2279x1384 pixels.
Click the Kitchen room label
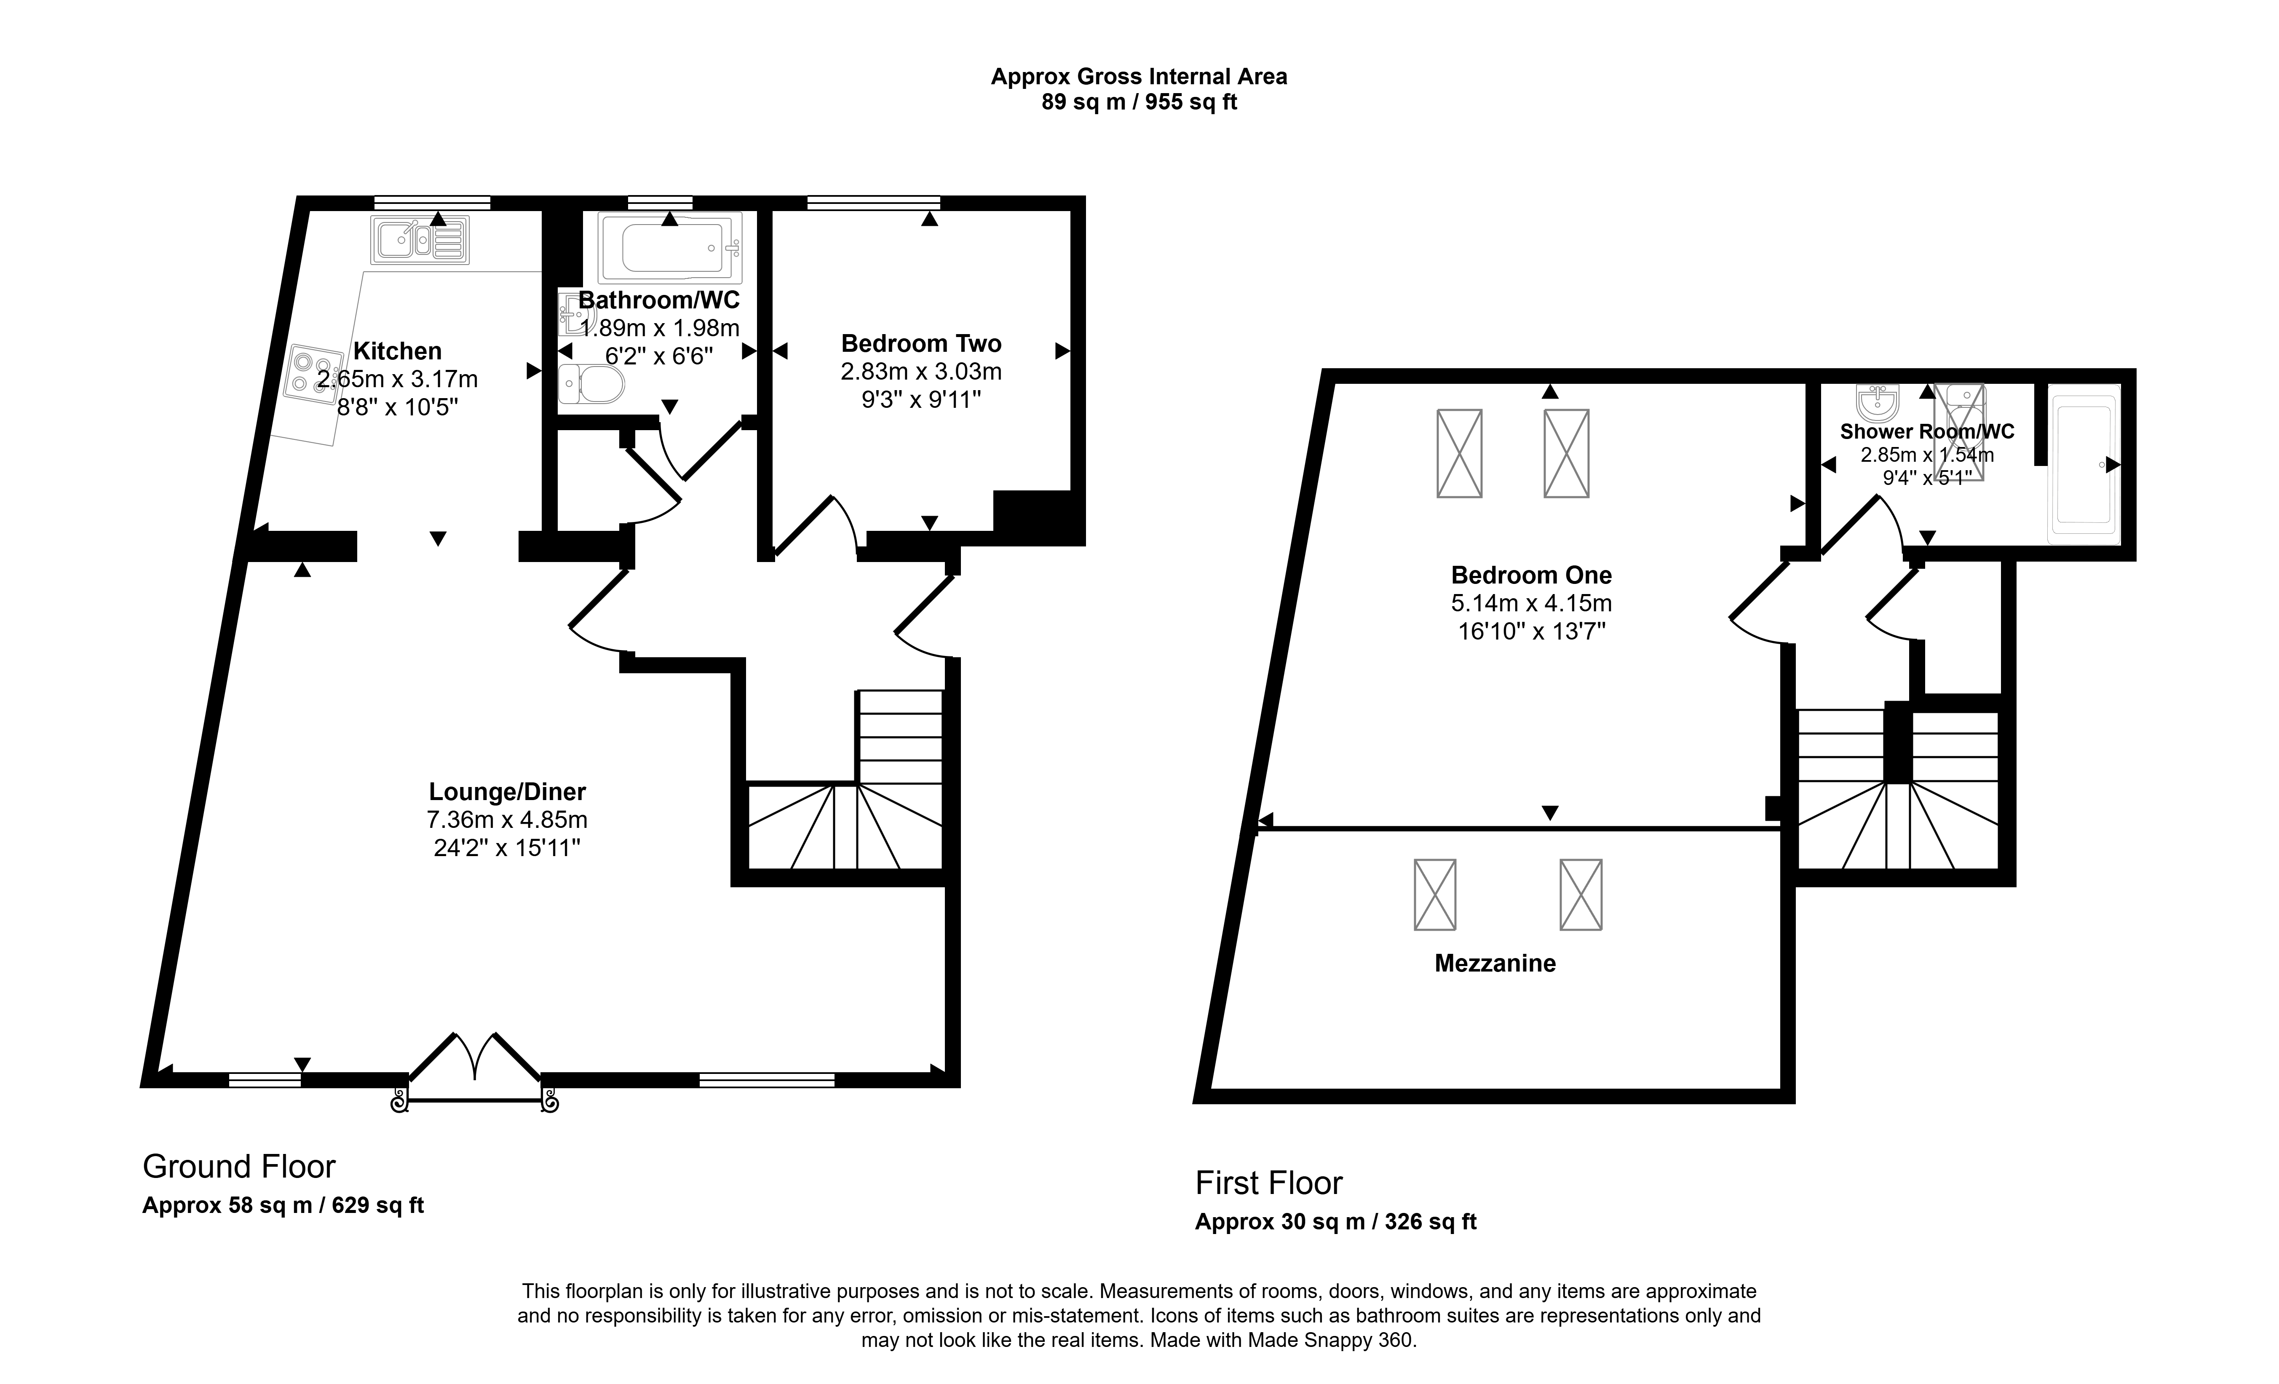coord(398,351)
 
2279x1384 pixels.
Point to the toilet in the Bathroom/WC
coord(592,383)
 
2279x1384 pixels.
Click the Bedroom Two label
coord(921,344)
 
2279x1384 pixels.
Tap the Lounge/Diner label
coord(507,792)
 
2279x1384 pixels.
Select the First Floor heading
coord(1269,1183)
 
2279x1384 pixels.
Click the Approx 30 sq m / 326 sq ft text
coord(1335,1222)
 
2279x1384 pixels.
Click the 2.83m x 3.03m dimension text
coord(921,372)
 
